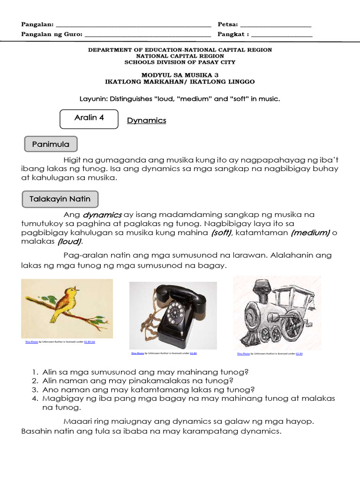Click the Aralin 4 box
point(89,118)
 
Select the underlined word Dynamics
point(147,120)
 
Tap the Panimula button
point(50,144)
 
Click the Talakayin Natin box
point(60,199)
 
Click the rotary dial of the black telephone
point(176,312)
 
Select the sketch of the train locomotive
point(277,313)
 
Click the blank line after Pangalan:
point(133,24)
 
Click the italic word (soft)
point(221,233)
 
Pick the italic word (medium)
point(310,233)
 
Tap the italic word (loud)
point(69,242)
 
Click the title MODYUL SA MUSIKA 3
point(180,75)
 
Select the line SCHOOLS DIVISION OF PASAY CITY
point(180,62)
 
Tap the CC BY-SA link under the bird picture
point(89,342)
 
